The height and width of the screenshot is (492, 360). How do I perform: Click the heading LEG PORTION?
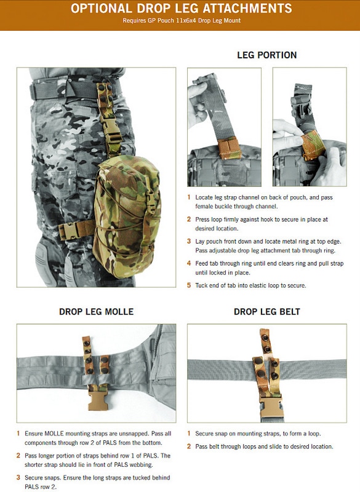pyautogui.click(x=266, y=55)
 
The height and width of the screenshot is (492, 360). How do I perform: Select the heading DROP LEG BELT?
pyautogui.click(x=266, y=312)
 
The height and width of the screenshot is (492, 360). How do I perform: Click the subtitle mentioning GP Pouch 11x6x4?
pyautogui.click(x=180, y=21)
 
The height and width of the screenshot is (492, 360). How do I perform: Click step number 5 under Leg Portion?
pyautogui.click(x=190, y=285)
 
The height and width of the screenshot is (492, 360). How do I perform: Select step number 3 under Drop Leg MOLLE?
pyautogui.click(x=18, y=478)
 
